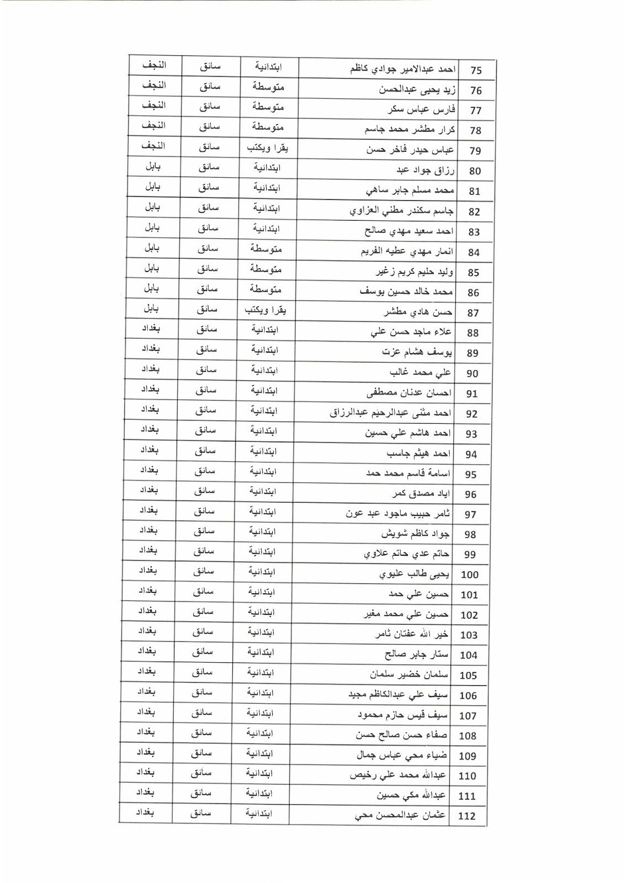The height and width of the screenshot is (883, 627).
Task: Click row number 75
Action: tap(476, 71)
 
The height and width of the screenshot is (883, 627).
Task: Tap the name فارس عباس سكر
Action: tap(421, 110)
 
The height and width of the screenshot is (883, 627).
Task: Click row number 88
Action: tap(472, 333)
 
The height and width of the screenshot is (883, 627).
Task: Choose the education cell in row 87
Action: tap(265, 311)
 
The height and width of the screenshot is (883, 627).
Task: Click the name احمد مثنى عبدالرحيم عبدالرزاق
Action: tap(390, 413)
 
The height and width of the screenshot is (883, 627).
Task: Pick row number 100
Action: tap(470, 575)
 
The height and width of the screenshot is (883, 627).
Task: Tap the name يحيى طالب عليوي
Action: tap(414, 575)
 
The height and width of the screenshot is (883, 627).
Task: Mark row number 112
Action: tap(467, 816)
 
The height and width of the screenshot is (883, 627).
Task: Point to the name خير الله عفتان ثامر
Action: tap(412, 635)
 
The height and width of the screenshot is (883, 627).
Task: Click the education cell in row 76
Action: tap(268, 87)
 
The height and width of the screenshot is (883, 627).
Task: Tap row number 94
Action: tap(471, 454)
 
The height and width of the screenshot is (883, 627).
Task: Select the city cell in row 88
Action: tap(151, 329)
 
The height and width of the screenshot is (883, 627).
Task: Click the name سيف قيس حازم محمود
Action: tap(402, 716)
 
